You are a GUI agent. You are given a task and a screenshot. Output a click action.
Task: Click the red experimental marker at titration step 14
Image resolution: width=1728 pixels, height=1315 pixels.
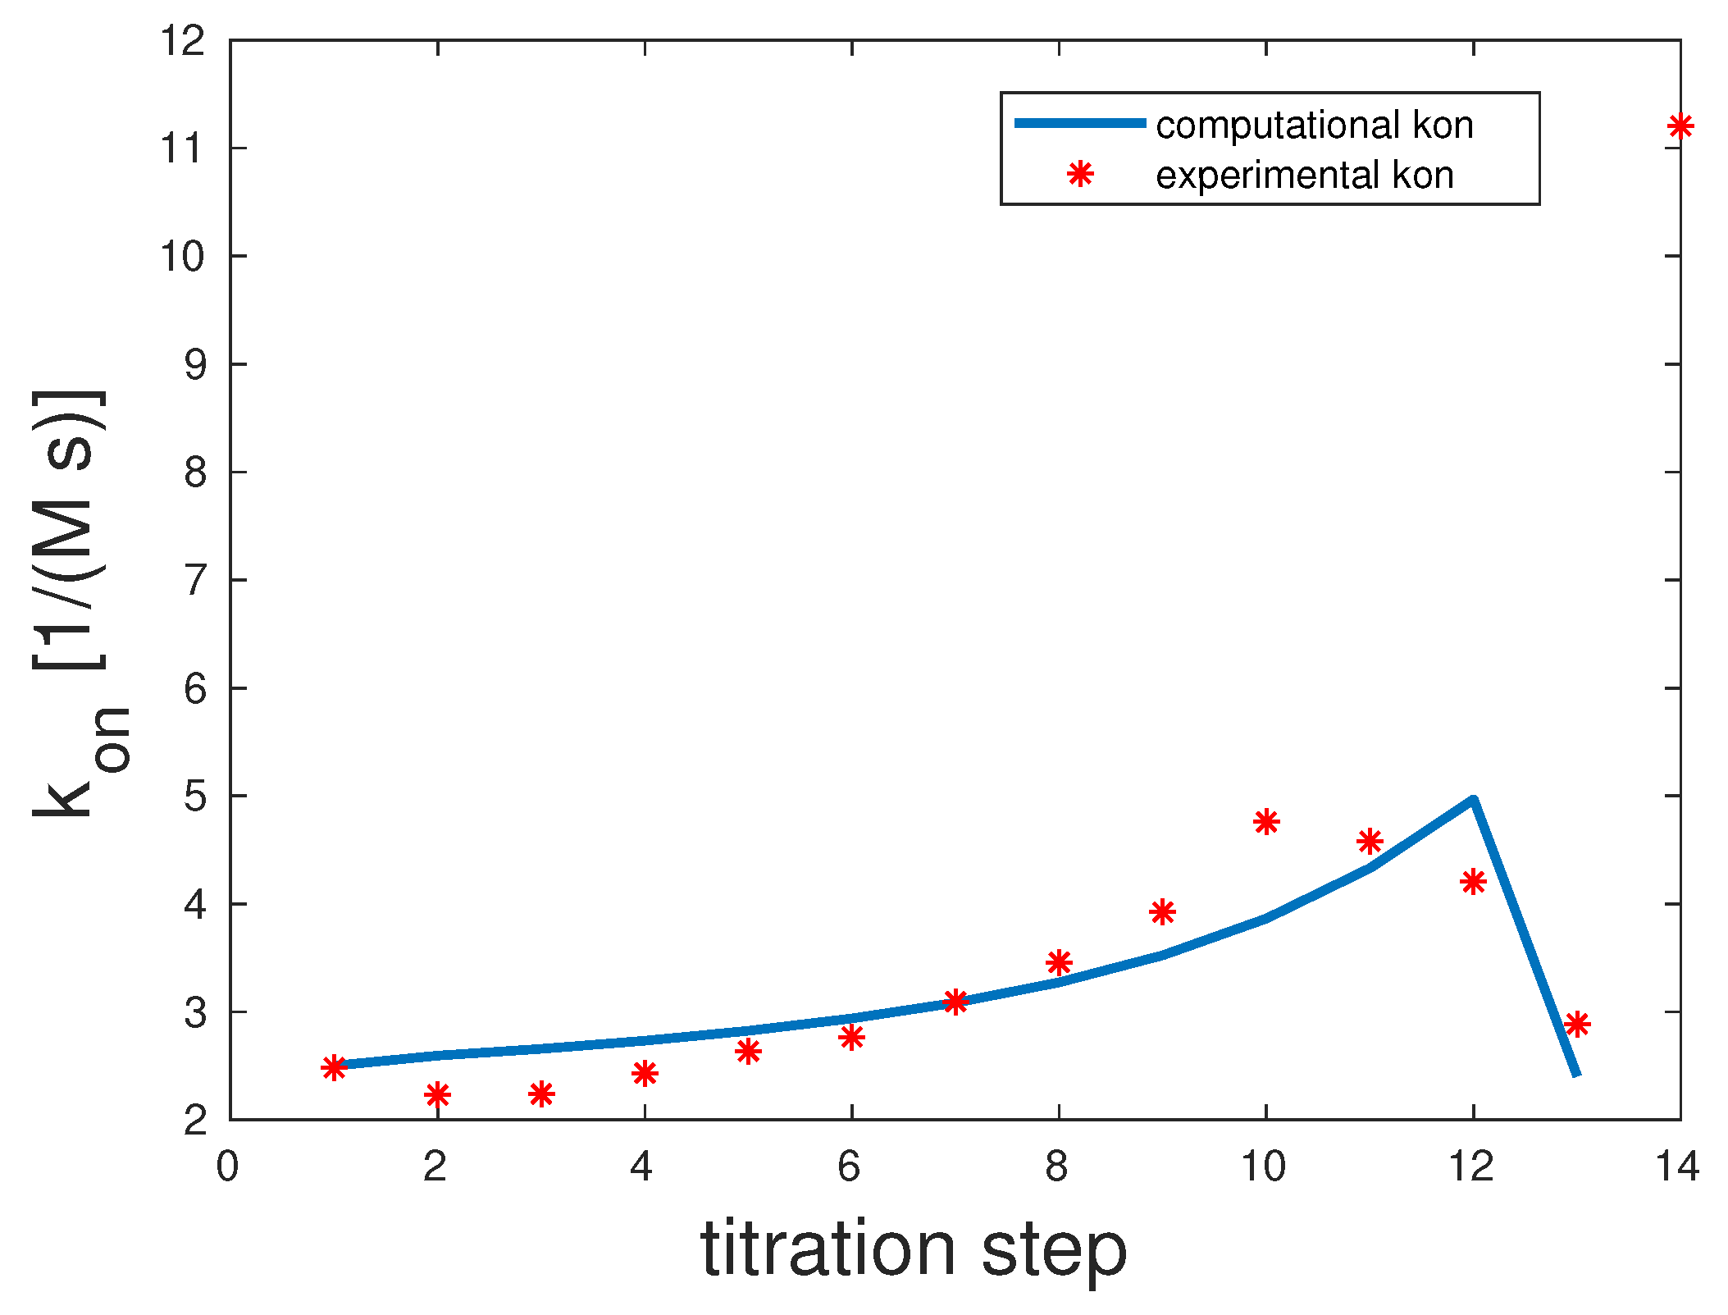pyautogui.click(x=1680, y=126)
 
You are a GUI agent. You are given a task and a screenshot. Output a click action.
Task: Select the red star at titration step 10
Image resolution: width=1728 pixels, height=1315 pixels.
pyautogui.click(x=1265, y=821)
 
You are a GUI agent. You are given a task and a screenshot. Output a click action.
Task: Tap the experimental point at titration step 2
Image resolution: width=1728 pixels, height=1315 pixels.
pyautogui.click(x=437, y=1094)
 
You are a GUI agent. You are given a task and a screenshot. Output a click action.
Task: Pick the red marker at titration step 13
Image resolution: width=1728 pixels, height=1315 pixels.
pyautogui.click(x=1576, y=1024)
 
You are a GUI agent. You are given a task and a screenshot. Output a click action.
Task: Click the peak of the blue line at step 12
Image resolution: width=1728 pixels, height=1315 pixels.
pyautogui.click(x=1473, y=800)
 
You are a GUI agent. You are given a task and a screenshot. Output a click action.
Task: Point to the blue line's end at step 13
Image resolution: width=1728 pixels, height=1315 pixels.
pyautogui.click(x=1575, y=1073)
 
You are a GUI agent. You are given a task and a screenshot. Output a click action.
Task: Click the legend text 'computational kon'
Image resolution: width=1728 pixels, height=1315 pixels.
pyautogui.click(x=1314, y=126)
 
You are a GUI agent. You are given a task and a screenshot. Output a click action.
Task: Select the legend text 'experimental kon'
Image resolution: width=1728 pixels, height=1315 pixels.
pyautogui.click(x=1304, y=176)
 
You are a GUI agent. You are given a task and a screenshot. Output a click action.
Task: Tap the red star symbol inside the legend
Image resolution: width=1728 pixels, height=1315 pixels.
pyautogui.click(x=1080, y=174)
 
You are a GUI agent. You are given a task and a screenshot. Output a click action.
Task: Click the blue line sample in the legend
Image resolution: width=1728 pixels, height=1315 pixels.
pyautogui.click(x=1079, y=123)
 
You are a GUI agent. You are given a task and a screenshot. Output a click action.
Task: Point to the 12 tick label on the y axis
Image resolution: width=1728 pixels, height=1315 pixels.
pyautogui.click(x=182, y=41)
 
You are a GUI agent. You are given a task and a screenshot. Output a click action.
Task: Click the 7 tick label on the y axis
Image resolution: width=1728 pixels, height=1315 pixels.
pyautogui.click(x=194, y=581)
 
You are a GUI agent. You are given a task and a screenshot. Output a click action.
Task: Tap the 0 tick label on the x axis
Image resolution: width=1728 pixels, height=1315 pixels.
pyautogui.click(x=227, y=1167)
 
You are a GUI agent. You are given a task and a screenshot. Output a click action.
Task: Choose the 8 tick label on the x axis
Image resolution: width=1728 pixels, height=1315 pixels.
pyautogui.click(x=1056, y=1167)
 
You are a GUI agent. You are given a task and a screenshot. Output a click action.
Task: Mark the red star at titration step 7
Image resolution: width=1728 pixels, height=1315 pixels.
pyautogui.click(x=955, y=1001)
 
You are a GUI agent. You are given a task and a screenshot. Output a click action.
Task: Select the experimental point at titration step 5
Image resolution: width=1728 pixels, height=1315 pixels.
pyautogui.click(x=747, y=1051)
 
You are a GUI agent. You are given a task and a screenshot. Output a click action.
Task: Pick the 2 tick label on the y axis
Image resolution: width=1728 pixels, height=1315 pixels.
pyautogui.click(x=194, y=1120)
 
